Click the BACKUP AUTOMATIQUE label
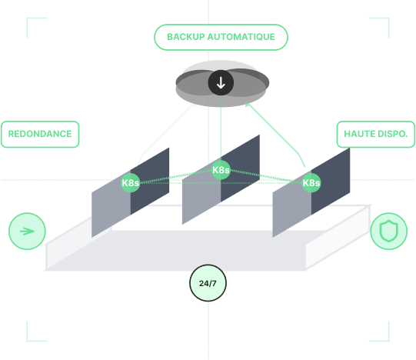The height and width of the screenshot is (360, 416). tap(221, 37)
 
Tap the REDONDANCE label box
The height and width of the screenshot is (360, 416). tap(40, 134)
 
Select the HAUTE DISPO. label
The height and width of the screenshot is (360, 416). tap(375, 134)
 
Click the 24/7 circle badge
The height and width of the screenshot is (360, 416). tap(208, 283)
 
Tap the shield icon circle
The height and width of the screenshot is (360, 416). tap(388, 231)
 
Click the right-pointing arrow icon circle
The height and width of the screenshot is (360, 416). tap(27, 231)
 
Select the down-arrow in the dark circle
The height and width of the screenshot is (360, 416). tap(221, 83)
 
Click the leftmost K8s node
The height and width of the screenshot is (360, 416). tap(131, 182)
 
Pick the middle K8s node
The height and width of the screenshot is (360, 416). tap(221, 170)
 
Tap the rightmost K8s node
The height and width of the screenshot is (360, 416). tap(311, 182)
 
